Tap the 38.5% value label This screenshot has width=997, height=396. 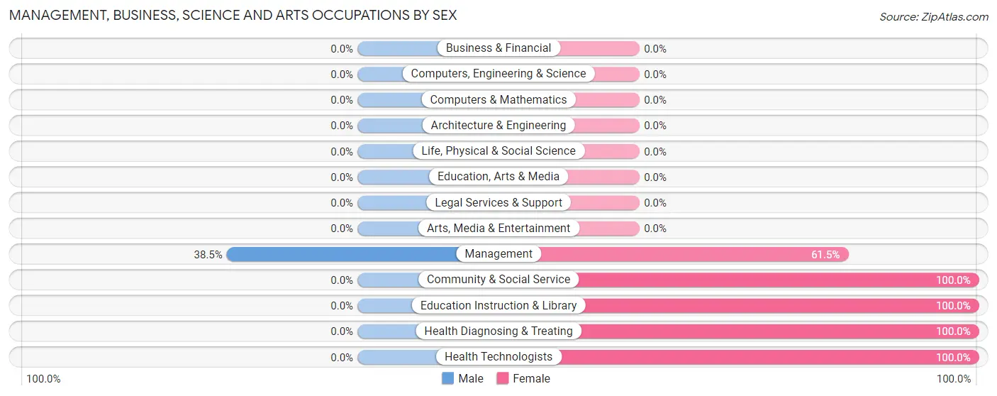point(208,254)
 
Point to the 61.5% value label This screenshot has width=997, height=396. point(826,254)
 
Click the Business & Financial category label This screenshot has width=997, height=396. point(498,48)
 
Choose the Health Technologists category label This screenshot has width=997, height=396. point(498,357)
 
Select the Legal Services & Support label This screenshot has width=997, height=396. point(498,203)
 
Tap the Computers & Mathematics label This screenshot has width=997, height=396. point(498,100)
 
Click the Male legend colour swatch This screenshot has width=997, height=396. point(447,379)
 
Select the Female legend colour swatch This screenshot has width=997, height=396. point(503,379)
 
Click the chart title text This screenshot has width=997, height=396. point(233,15)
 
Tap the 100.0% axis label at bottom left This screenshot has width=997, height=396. point(43,379)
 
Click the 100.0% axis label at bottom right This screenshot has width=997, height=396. point(954,379)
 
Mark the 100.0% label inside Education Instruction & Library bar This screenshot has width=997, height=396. point(953,306)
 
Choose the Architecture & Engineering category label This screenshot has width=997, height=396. point(498,126)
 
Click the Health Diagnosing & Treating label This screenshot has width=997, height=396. point(498,331)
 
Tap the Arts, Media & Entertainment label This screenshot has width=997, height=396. point(498,229)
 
